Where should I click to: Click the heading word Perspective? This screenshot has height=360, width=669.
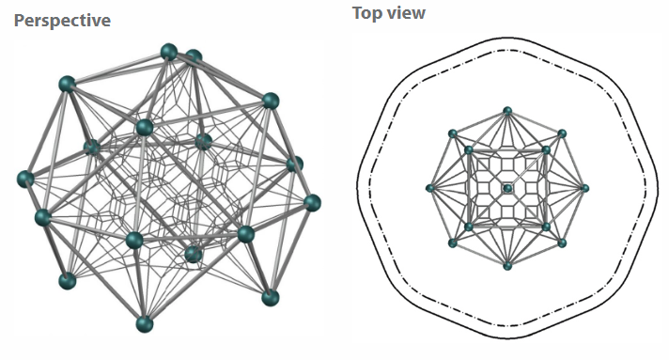tap(62, 21)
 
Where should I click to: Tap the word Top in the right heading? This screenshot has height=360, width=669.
tap(366, 13)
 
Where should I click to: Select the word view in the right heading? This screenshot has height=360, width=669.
tap(404, 13)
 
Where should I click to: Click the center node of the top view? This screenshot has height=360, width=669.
tap(507, 188)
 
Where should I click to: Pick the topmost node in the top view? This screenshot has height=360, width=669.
tap(507, 111)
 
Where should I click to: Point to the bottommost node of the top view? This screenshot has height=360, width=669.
tap(507, 266)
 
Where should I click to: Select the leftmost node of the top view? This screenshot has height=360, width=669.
tap(430, 188)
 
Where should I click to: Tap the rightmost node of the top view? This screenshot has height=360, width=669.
tap(585, 188)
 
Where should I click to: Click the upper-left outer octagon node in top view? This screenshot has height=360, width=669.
tap(453, 133)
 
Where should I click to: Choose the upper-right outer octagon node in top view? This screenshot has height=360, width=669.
tap(562, 133)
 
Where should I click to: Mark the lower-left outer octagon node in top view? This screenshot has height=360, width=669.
tap(453, 243)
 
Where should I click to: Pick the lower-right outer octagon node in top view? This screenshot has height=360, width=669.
tap(562, 243)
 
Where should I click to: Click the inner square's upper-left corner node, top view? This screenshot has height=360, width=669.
tap(469, 149)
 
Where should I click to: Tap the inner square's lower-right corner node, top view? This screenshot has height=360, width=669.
tap(546, 227)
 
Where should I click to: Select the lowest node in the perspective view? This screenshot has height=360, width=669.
tap(145, 324)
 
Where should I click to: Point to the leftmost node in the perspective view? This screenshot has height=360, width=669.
tap(25, 179)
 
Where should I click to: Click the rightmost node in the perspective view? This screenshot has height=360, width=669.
tap(312, 203)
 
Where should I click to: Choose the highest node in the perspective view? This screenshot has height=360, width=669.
tap(169, 52)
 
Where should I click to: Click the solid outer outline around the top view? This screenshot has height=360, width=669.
tap(507, 38)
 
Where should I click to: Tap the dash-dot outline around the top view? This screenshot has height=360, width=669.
tap(507, 50)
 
